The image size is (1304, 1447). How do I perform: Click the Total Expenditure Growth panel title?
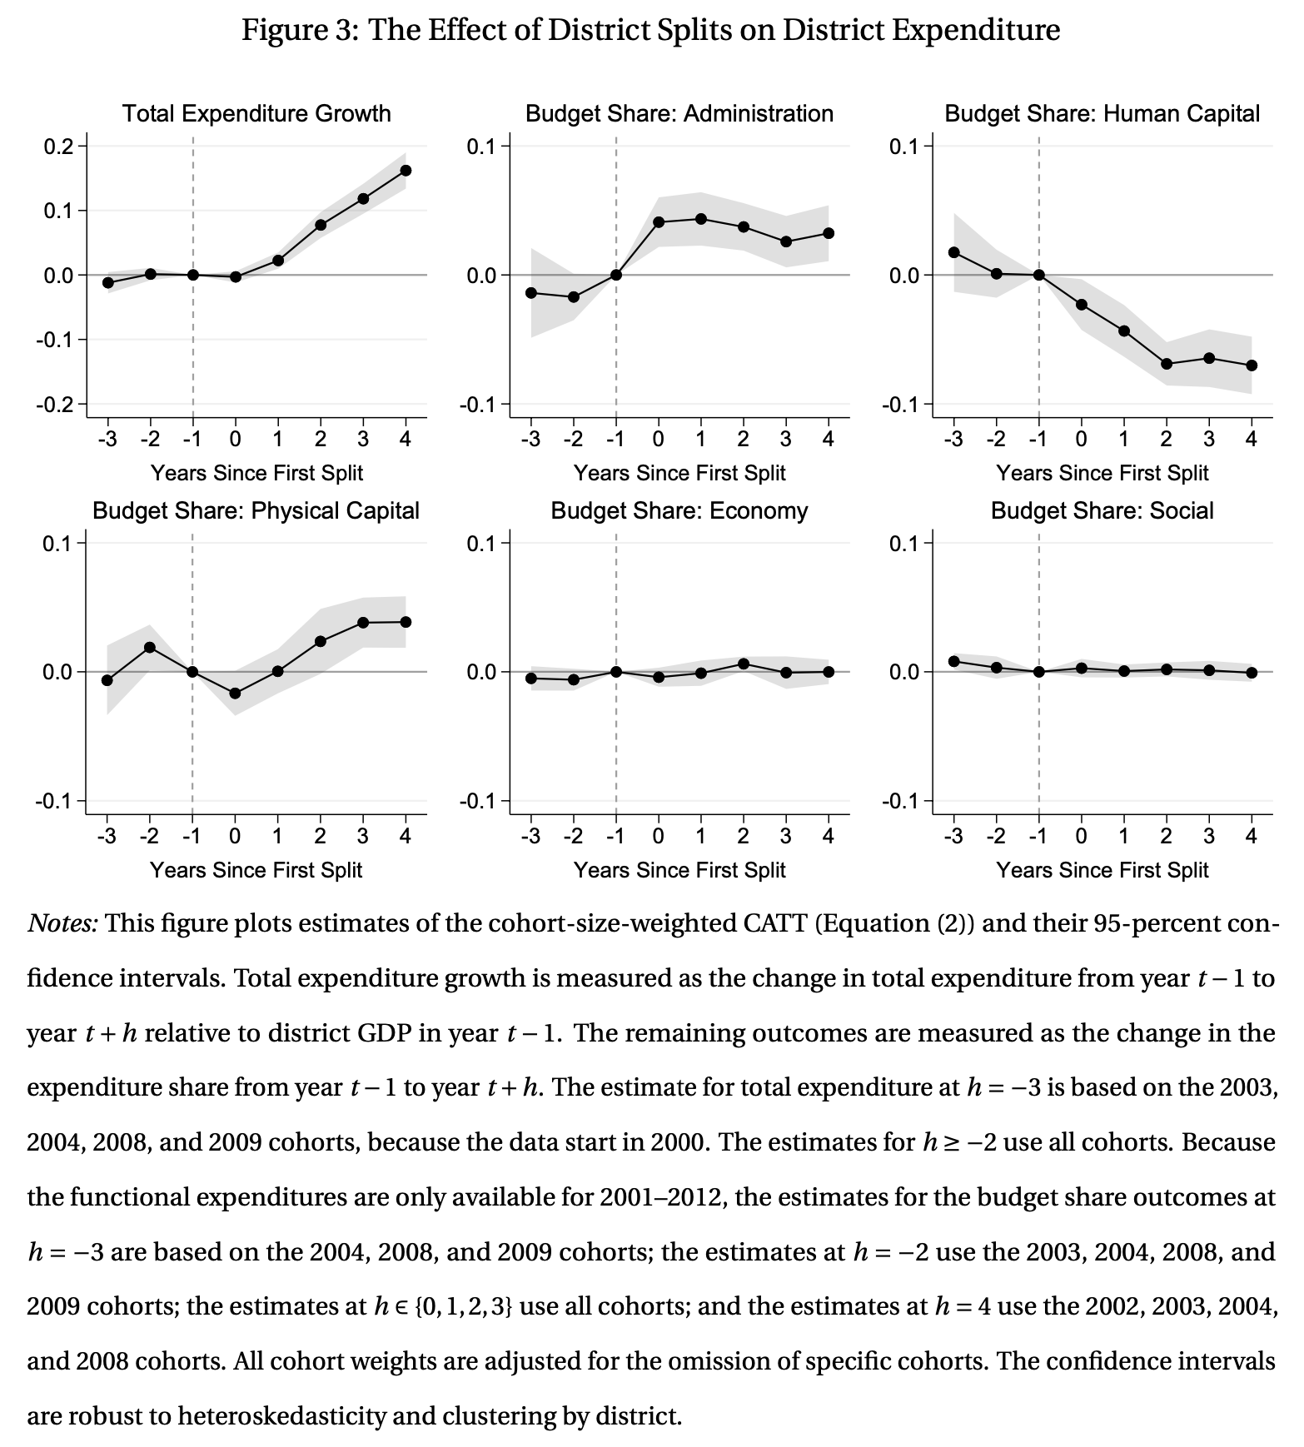point(256,113)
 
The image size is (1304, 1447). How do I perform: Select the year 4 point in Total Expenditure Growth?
point(406,171)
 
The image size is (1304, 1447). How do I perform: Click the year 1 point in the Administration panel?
point(701,219)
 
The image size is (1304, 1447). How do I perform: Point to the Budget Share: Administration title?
point(679,113)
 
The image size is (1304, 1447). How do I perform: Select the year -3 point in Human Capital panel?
point(954,252)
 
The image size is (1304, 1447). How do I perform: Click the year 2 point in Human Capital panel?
point(1167,364)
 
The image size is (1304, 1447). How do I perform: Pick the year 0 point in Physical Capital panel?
point(235,694)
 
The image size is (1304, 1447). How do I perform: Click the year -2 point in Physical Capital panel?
point(150,648)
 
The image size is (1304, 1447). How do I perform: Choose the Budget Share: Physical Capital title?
point(256,510)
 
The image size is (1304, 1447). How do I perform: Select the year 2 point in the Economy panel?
point(744,664)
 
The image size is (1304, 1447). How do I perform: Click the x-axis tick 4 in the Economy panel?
point(829,836)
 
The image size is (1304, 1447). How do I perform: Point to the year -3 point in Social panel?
point(954,662)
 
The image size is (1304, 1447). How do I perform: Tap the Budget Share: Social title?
point(1102,510)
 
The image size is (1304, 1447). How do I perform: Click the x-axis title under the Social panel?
point(1102,870)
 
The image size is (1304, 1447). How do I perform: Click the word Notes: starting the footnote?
point(63,923)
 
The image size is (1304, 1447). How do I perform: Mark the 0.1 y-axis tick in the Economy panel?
point(481,544)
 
